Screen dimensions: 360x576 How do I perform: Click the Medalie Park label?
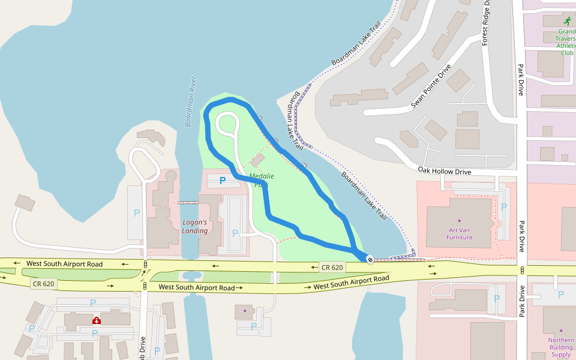[x=262, y=180]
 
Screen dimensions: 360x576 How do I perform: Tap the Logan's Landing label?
[x=195, y=226]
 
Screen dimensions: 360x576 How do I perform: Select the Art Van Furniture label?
[x=460, y=233]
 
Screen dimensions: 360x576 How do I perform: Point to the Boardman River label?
[x=191, y=101]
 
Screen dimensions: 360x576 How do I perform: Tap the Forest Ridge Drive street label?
[x=487, y=22]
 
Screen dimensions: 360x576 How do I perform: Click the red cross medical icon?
[x=96, y=320]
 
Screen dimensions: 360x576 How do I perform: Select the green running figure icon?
[x=567, y=20]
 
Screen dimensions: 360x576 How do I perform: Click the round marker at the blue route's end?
[x=370, y=259]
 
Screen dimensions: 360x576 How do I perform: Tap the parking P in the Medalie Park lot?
[x=223, y=180]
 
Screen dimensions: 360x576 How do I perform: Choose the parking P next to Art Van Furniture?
[x=504, y=206]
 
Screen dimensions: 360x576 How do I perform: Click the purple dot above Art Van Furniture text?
[x=460, y=221]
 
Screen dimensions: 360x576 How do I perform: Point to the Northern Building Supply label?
[x=561, y=347]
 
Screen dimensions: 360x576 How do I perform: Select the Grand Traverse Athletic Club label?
[x=566, y=41]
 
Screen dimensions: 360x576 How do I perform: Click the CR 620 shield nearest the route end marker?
[x=332, y=267]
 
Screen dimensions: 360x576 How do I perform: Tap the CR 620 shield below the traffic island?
[x=44, y=283]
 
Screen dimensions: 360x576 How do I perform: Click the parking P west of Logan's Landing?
[x=136, y=212]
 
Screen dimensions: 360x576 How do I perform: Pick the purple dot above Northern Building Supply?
[x=562, y=331]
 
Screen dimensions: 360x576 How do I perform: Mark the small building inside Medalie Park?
[x=257, y=160]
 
